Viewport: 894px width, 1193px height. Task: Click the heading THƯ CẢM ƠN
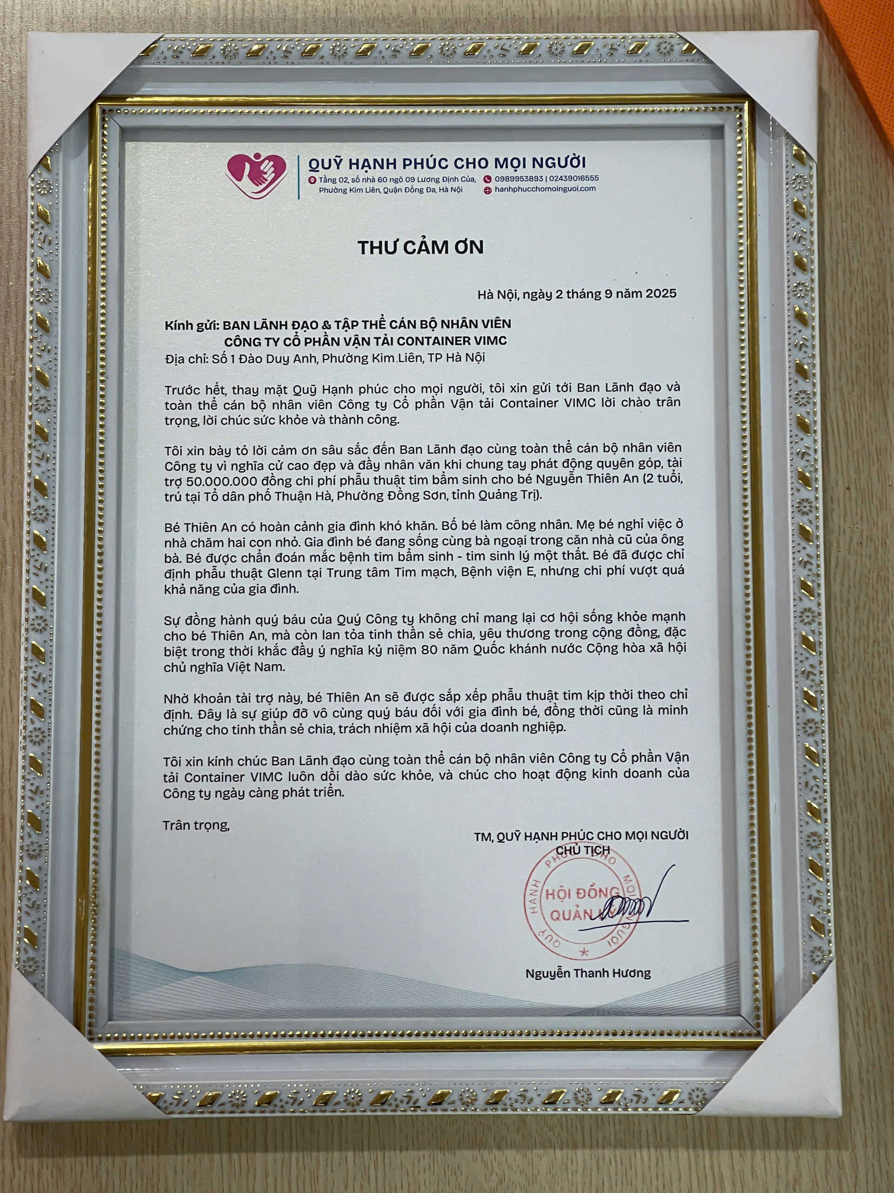point(421,247)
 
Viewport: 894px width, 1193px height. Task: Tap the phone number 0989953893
point(518,178)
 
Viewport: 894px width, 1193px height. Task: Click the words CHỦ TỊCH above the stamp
point(583,850)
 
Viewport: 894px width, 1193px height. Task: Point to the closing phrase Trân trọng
point(196,826)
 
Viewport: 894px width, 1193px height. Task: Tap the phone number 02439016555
point(573,178)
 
